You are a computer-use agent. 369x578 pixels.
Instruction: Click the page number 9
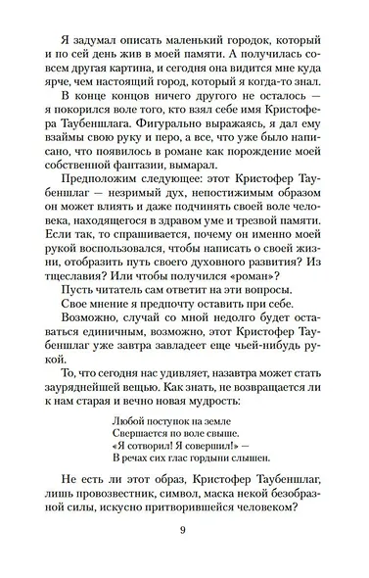tap(184, 530)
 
